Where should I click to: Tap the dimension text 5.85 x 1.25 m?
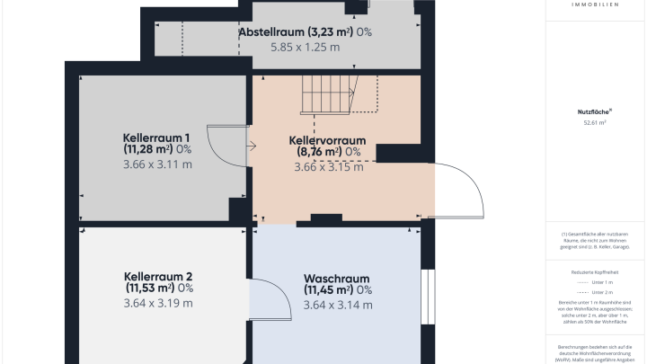point(305,47)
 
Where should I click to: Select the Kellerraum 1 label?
point(157,138)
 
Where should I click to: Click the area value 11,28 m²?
point(147,149)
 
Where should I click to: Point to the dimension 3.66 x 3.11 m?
point(157,164)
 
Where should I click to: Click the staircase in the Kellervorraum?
point(329,93)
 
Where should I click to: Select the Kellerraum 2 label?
point(158,276)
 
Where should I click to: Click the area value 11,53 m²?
point(148,289)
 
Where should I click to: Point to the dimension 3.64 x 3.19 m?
point(158,304)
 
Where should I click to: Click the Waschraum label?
point(337,278)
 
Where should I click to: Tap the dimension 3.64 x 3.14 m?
point(338,306)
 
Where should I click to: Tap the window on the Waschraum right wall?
point(428,296)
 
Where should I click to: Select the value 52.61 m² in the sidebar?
point(595,122)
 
